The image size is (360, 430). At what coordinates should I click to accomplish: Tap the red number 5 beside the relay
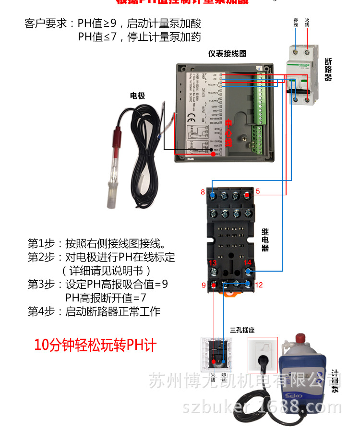258,191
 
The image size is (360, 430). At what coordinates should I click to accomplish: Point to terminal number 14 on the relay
248,263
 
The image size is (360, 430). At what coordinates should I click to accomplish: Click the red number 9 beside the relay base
204,285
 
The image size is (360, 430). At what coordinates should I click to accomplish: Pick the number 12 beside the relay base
259,285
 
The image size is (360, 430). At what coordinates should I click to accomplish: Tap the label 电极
137,96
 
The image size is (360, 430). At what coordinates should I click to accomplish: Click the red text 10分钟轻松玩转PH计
95,345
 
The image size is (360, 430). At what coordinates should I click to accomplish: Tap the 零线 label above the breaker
296,22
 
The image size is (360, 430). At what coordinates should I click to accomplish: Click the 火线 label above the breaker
307,22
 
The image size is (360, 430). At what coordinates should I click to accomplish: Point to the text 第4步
39,311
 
